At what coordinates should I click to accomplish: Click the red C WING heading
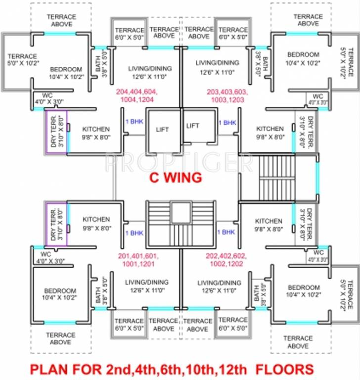176,178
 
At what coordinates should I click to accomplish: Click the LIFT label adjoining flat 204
162,130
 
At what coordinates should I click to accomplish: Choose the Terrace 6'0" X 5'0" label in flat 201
129,324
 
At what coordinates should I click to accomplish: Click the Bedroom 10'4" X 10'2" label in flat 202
304,291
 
